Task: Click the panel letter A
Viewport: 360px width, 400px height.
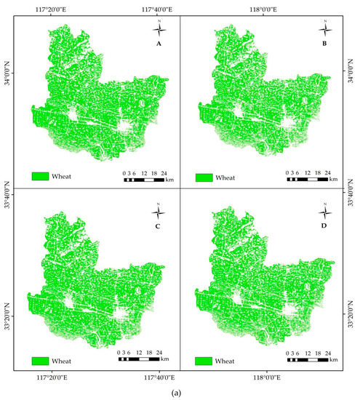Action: pyautogui.click(x=159, y=43)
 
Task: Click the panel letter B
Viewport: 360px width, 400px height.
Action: pyautogui.click(x=324, y=43)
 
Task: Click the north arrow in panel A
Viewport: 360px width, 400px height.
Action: pyautogui.click(x=159, y=29)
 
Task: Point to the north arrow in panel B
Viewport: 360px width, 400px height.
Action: pyautogui.click(x=324, y=29)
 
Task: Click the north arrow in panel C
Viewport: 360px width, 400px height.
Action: pyautogui.click(x=159, y=212)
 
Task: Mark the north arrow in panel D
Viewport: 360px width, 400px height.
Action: pyautogui.click(x=324, y=212)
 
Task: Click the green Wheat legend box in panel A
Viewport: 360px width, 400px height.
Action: pyautogui.click(x=39, y=177)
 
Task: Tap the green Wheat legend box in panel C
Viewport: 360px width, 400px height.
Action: pyautogui.click(x=39, y=359)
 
